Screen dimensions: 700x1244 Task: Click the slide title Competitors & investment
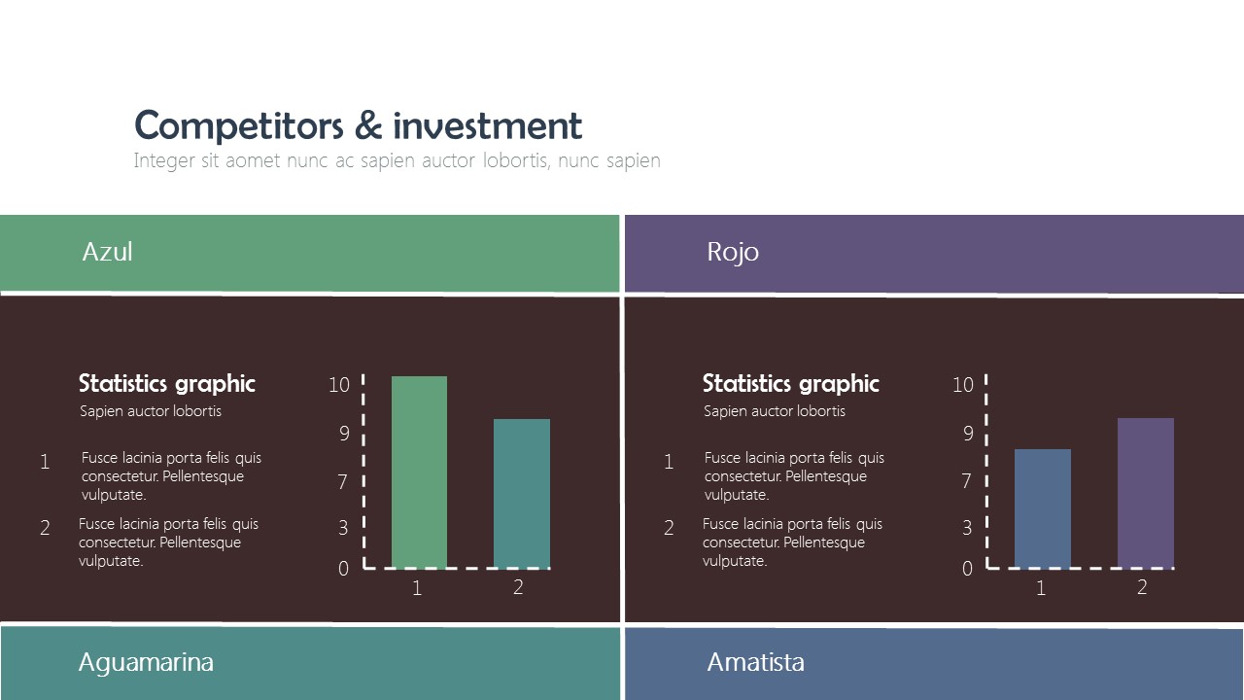coord(358,126)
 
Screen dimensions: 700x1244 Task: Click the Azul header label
coord(107,252)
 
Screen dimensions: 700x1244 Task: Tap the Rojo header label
coord(732,252)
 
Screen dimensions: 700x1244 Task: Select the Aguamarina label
coord(146,662)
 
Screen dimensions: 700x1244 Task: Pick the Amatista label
coord(755,662)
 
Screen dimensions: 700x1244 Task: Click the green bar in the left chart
coord(419,472)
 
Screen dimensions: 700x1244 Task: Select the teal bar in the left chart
coord(521,493)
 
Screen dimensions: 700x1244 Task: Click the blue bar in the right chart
coord(1042,507)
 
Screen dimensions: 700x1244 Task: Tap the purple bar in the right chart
coord(1145,492)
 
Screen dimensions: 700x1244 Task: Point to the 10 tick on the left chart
coord(338,385)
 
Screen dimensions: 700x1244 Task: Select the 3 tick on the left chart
coord(343,528)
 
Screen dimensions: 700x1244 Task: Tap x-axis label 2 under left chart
coord(518,587)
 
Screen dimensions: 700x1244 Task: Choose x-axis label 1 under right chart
coord(1041,588)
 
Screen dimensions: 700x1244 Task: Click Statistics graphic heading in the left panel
coord(166,383)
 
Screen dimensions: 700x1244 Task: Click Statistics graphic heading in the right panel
coord(790,383)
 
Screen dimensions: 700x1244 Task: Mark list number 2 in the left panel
coord(45,528)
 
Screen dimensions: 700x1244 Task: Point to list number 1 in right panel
coord(669,462)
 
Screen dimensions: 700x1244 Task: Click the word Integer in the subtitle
coord(163,160)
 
